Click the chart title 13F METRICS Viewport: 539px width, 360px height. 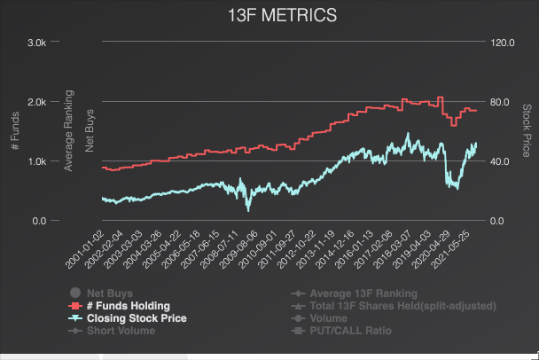[x=269, y=17]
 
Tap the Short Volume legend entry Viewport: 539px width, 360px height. [x=121, y=331]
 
